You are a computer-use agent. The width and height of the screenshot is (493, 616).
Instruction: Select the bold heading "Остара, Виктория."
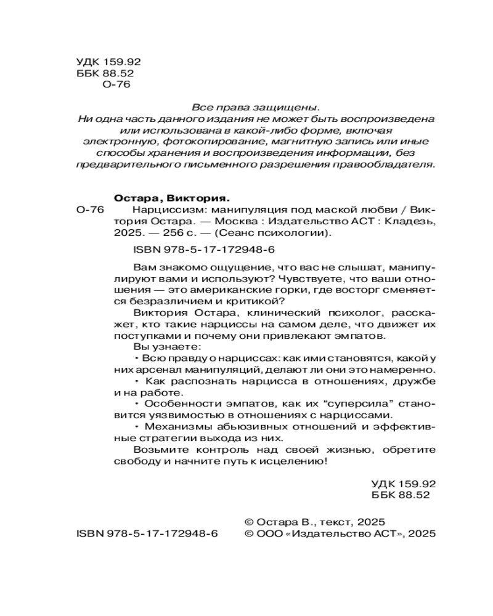(x=172, y=198)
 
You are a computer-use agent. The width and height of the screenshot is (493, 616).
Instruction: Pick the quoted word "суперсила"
(x=325, y=404)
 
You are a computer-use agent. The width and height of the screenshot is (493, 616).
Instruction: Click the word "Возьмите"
(x=155, y=450)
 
